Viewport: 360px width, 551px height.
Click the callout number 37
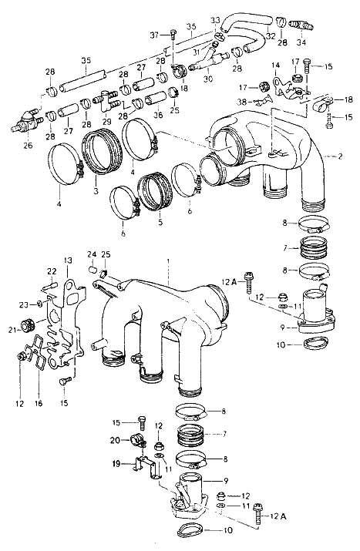[x=155, y=35]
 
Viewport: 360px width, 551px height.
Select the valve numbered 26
[x=26, y=123]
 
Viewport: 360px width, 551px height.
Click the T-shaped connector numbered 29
[x=106, y=100]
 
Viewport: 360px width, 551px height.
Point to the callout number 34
[x=301, y=42]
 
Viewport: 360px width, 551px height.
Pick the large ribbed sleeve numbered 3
[x=102, y=151]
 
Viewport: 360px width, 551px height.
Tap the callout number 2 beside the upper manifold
[x=340, y=156]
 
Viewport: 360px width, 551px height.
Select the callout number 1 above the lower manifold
[x=169, y=261]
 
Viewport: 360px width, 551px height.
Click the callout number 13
[x=68, y=260]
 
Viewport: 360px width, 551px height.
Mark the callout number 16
[x=39, y=403]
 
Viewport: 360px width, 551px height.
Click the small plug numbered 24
[x=92, y=270]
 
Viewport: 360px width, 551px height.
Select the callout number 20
[x=116, y=439]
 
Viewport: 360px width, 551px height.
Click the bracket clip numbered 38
[x=261, y=102]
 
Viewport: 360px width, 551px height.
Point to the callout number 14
[x=276, y=66]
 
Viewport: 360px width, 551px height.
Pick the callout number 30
[x=208, y=78]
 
